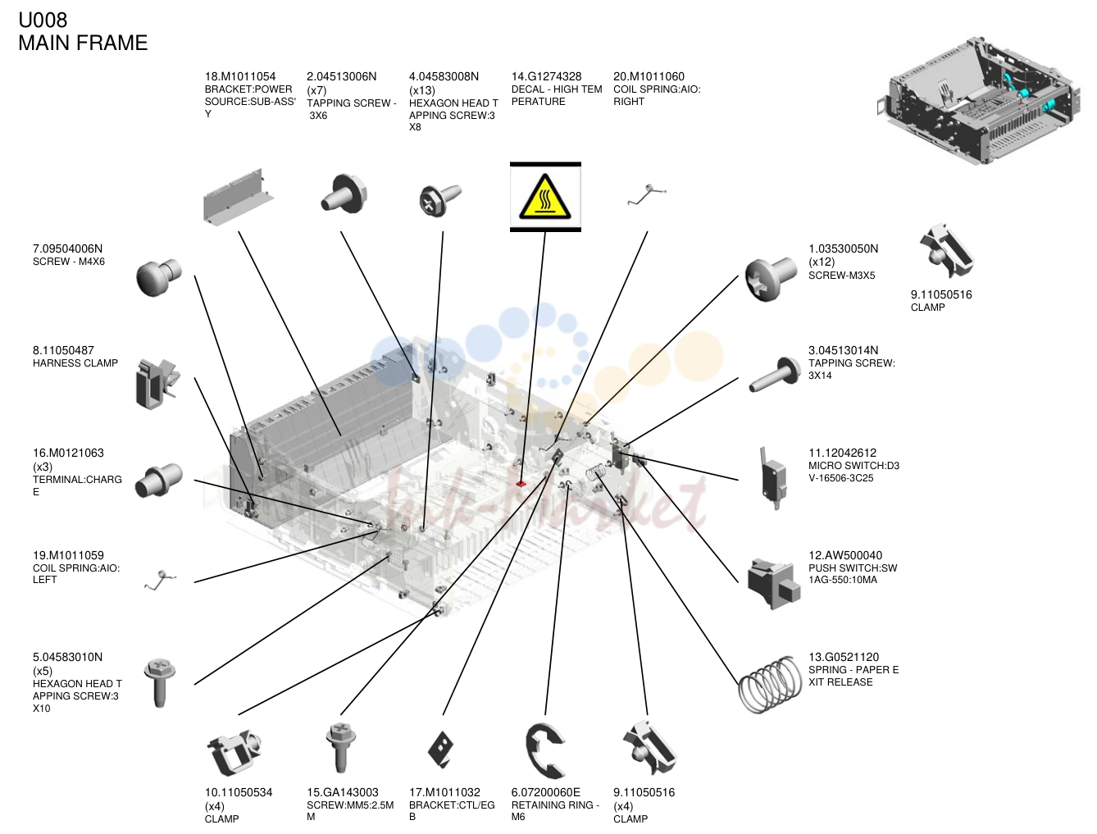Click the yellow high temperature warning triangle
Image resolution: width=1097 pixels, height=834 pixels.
[544, 197]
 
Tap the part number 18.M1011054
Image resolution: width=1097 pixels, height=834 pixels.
[240, 76]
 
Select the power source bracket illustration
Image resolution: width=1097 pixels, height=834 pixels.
[239, 196]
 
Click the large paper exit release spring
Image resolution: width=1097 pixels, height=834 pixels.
[770, 684]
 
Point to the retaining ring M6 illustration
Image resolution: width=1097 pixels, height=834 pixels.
[544, 750]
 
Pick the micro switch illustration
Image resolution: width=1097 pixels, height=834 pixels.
[772, 478]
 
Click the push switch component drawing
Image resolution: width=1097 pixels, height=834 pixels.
[773, 583]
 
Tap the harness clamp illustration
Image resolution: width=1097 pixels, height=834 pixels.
[157, 384]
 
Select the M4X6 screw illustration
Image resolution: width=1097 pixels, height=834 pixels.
[158, 277]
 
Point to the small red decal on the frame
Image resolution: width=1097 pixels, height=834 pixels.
[521, 484]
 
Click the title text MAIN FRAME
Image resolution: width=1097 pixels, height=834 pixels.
[83, 43]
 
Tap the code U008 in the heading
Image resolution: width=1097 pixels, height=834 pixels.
[43, 20]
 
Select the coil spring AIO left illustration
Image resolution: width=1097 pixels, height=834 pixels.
[160, 580]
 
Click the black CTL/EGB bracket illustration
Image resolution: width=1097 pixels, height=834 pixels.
[440, 749]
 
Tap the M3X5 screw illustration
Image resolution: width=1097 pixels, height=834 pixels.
[770, 279]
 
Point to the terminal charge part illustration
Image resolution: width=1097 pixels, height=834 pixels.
[158, 481]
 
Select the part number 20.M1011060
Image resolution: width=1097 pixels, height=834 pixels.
[649, 76]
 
